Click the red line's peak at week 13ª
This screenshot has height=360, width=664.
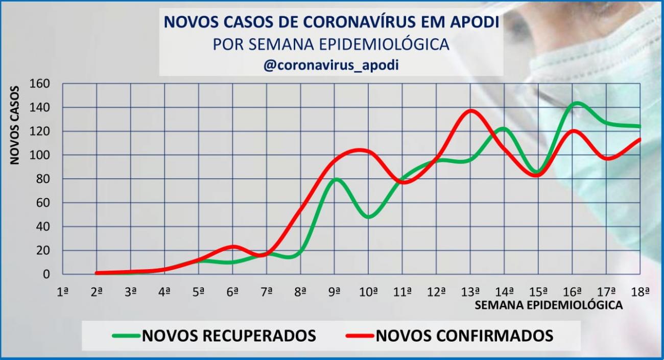[470, 110]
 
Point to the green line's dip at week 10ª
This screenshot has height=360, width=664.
[369, 217]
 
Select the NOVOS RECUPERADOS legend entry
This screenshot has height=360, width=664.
[215, 335]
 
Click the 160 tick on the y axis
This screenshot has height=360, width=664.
[40, 83]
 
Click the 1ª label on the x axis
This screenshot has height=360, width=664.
[63, 292]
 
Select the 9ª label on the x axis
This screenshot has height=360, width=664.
[335, 292]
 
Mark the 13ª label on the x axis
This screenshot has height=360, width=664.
[470, 292]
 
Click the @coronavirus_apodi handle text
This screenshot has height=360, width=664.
[331, 66]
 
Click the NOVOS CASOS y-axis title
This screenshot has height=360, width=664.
[15, 125]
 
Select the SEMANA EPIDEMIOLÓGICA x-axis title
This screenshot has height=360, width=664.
[549, 305]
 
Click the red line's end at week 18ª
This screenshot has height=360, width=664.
[639, 139]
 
